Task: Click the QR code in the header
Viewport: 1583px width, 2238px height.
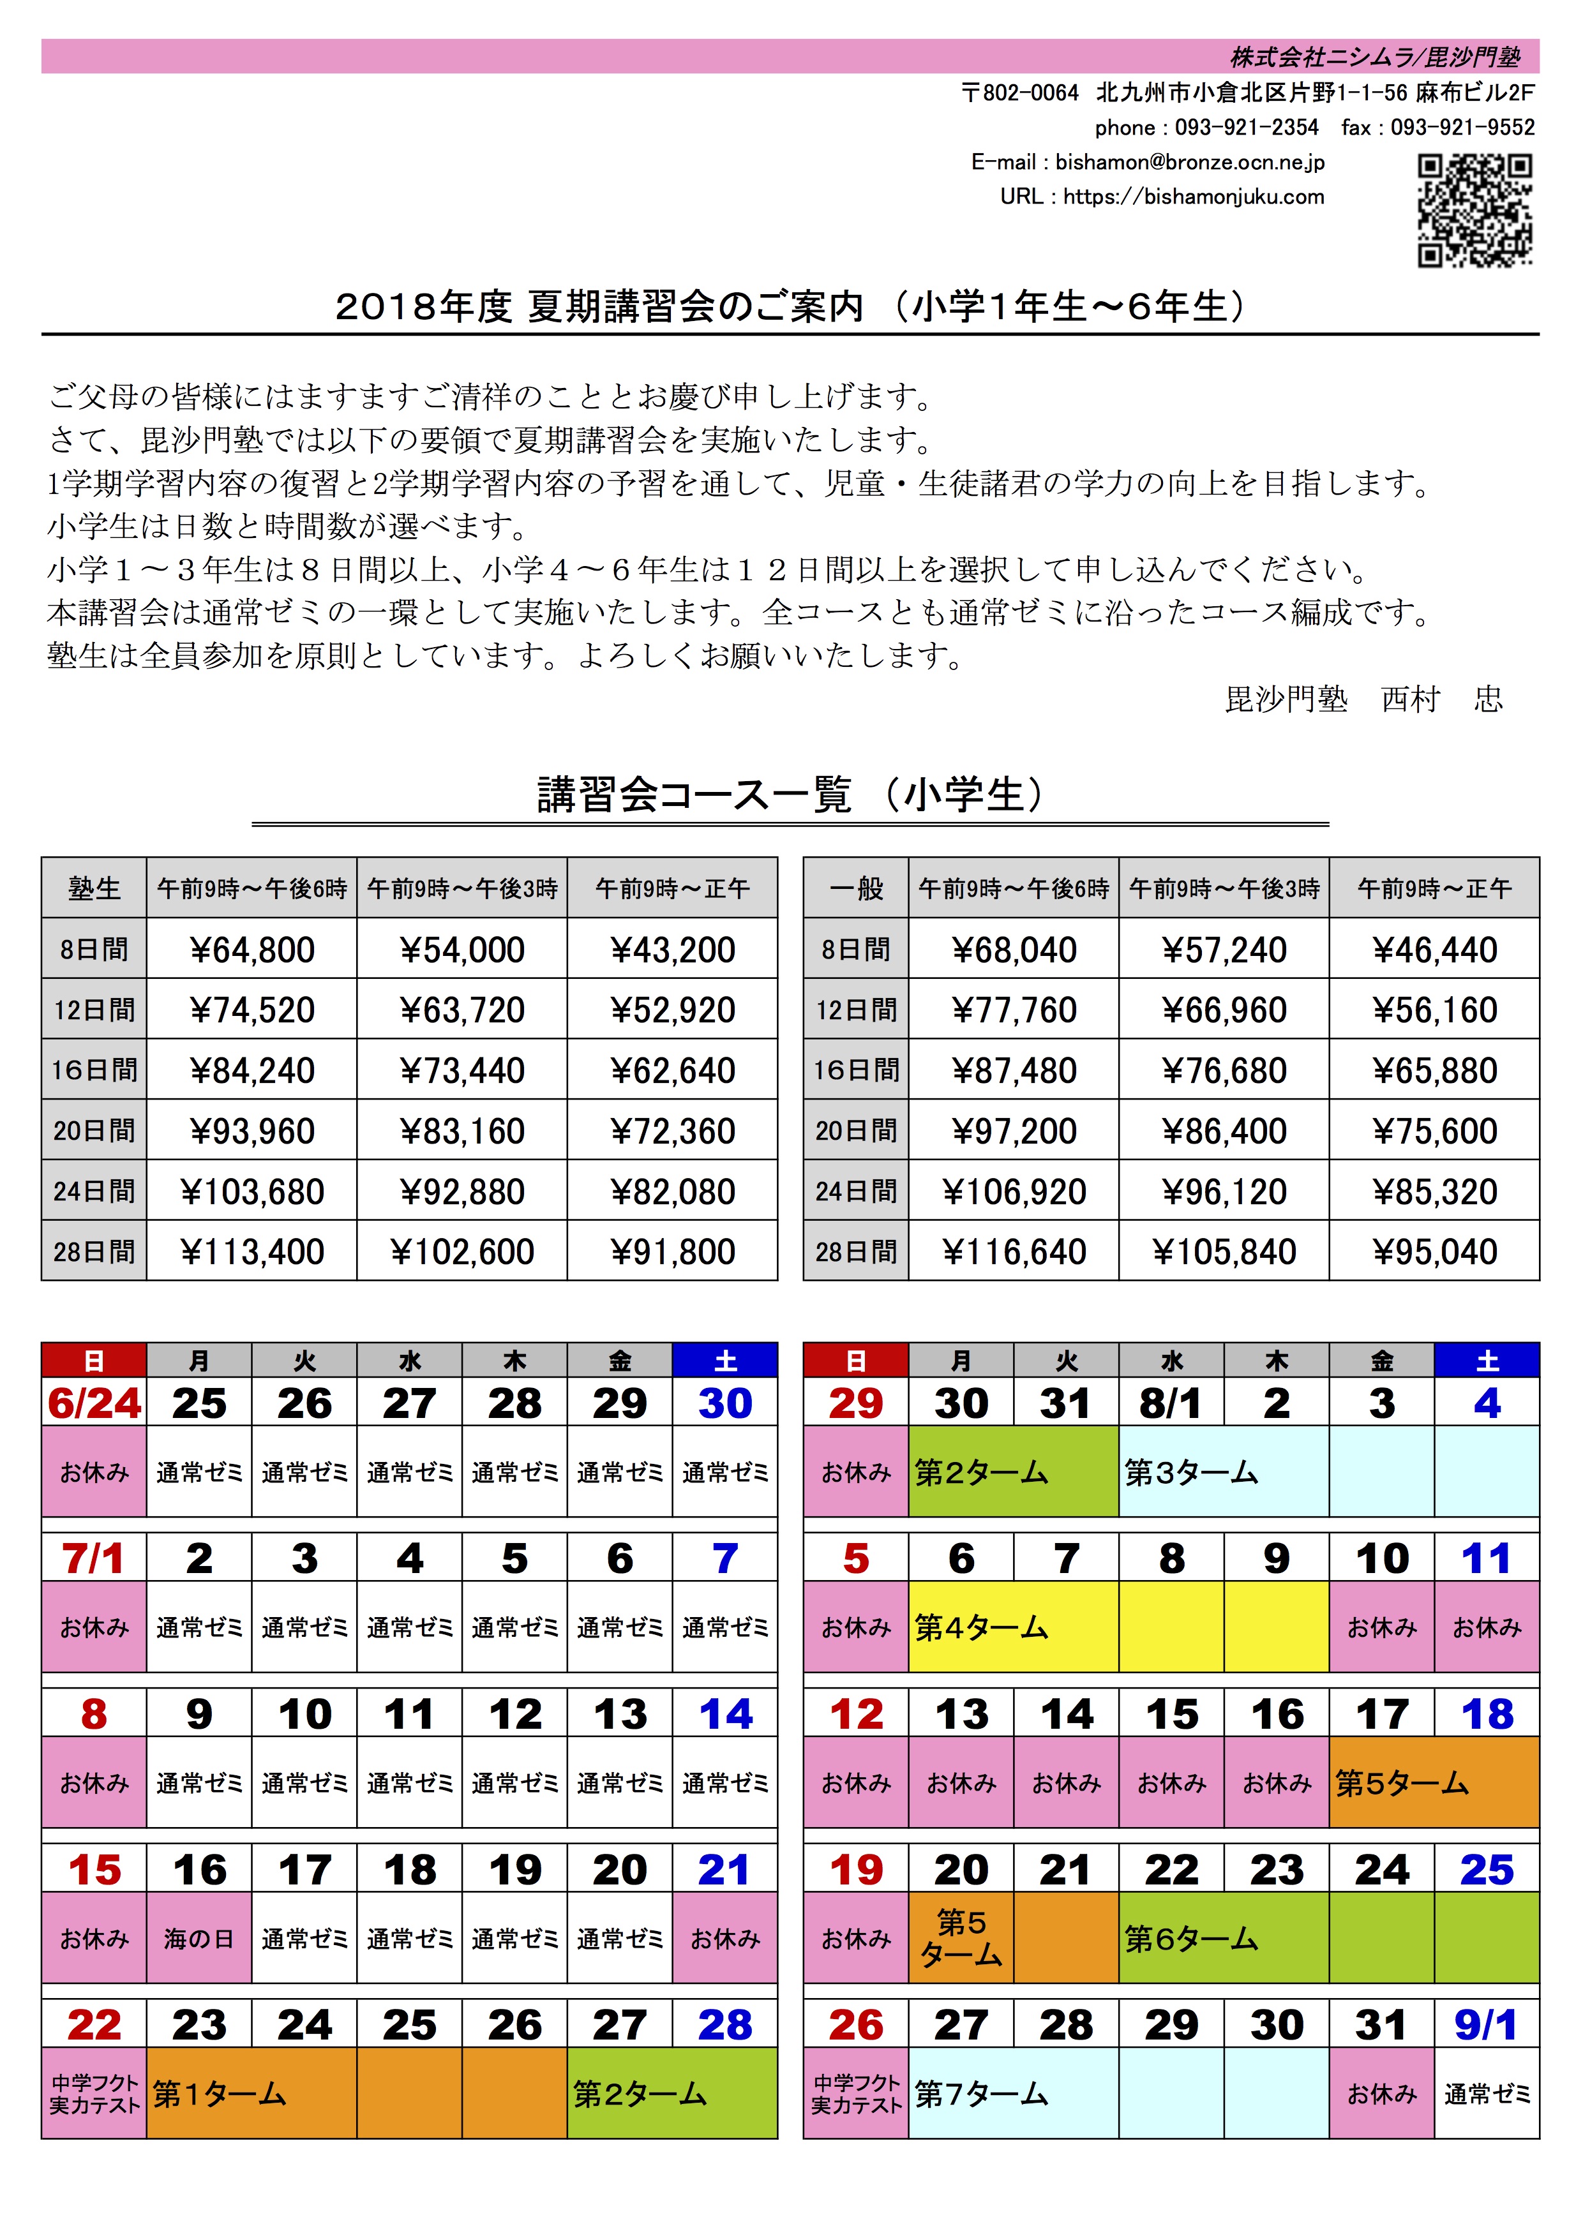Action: (1474, 209)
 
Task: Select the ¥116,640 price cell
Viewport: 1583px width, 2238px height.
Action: (1014, 1251)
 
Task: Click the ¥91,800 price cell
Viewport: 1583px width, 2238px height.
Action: (673, 1251)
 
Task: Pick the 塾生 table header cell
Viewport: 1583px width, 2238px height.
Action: (94, 888)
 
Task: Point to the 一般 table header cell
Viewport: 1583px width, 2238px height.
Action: (856, 888)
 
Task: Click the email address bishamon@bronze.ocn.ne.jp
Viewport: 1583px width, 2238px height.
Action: (1189, 162)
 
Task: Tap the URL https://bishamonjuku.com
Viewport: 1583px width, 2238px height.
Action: (1193, 196)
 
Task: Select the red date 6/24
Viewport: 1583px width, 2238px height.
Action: (94, 1404)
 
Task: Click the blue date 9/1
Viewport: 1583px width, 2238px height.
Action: (1487, 2025)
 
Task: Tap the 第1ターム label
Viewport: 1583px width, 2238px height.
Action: (220, 2094)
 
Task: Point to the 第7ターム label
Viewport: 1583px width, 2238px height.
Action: (980, 2094)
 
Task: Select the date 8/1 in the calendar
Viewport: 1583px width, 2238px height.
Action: (1171, 1404)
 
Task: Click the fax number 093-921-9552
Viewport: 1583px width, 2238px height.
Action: (1462, 128)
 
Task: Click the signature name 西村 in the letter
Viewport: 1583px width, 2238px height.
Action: (1411, 699)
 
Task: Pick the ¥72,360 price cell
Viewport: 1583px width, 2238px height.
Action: (673, 1131)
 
